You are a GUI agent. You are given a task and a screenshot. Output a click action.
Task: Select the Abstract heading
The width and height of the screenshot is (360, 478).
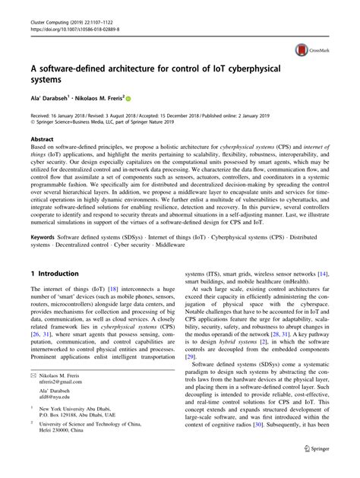point(43,140)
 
